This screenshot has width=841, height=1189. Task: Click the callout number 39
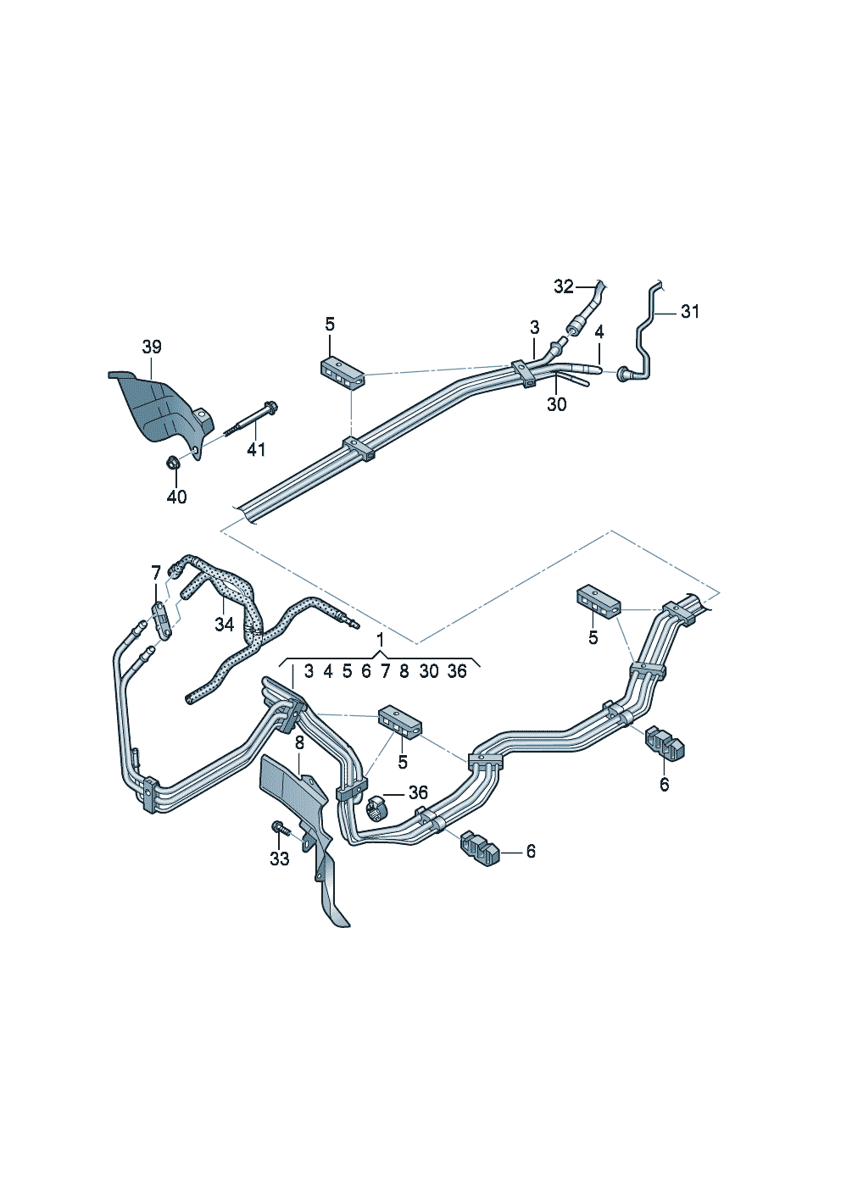pyautogui.click(x=151, y=347)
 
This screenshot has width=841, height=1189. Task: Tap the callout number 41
pyautogui.click(x=256, y=450)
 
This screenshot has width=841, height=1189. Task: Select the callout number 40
pyautogui.click(x=177, y=497)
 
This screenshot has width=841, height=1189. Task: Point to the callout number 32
pyautogui.click(x=564, y=286)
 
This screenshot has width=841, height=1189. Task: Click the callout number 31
pyautogui.click(x=690, y=312)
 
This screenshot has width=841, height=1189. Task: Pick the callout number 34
pyautogui.click(x=224, y=625)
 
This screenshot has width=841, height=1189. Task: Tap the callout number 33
pyautogui.click(x=280, y=858)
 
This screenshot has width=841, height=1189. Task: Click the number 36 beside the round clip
pyautogui.click(x=418, y=793)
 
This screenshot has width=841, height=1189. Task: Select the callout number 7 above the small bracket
pyautogui.click(x=155, y=573)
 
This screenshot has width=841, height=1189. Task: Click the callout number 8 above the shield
pyautogui.click(x=299, y=743)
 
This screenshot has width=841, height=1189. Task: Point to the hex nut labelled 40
pyautogui.click(x=173, y=463)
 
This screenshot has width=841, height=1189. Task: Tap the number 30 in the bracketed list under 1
pyautogui.click(x=429, y=671)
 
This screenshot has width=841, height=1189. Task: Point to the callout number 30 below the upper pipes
pyautogui.click(x=557, y=404)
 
